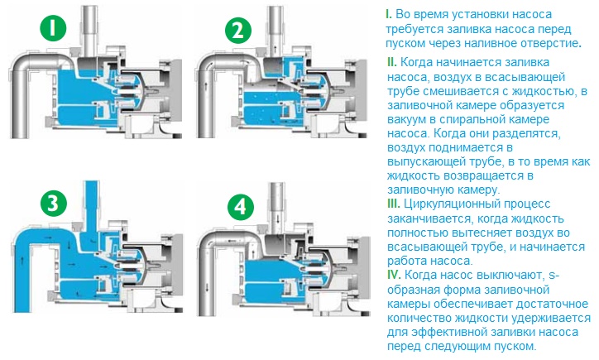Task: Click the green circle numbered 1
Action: (53, 28)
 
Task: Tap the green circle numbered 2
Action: (238, 30)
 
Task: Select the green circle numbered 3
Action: (54, 204)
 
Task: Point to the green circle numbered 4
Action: (240, 207)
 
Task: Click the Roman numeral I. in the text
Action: (389, 15)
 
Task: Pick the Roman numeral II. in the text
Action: (391, 62)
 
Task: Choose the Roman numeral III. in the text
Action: (394, 204)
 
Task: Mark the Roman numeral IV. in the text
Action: (394, 275)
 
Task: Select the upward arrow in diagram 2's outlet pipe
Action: (276, 50)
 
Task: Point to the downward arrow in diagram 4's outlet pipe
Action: (278, 220)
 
